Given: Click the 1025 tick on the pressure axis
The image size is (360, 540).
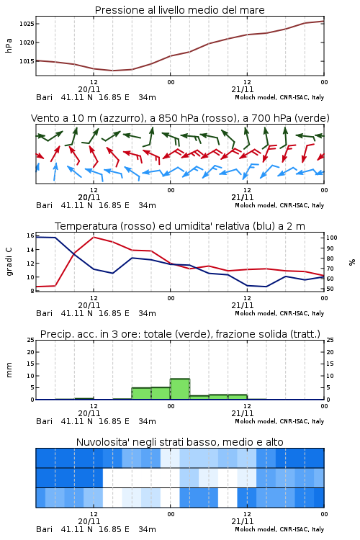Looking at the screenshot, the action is (x=27, y=24).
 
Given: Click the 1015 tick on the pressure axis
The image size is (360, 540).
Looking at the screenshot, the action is (x=27, y=61).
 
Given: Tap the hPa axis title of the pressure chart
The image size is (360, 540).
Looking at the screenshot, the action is (x=9, y=45).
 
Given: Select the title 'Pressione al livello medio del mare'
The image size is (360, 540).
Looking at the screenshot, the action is (x=179, y=10).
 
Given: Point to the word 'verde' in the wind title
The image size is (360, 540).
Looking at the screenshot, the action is (x=310, y=118).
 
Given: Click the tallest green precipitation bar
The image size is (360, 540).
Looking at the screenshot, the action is (x=180, y=389).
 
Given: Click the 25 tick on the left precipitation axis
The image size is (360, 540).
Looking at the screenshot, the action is (x=31, y=340).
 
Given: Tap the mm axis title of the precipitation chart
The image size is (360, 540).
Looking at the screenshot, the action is (x=9, y=370).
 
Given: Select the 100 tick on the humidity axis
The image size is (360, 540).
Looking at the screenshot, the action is (x=332, y=238).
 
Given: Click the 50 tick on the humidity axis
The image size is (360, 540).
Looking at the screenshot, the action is (x=330, y=289).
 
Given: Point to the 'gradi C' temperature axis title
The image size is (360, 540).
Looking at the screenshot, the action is (x=9, y=262).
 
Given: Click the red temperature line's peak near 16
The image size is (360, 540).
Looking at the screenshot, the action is (x=94, y=237).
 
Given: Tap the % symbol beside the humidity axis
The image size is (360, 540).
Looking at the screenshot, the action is (x=352, y=262).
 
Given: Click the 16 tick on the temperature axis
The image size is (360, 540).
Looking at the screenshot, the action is (x=30, y=235).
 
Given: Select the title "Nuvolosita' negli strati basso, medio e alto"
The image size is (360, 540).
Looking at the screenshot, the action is (x=179, y=442).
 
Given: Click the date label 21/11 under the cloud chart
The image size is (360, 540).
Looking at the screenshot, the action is (x=242, y=521).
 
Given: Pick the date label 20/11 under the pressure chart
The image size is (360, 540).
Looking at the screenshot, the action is (x=89, y=89).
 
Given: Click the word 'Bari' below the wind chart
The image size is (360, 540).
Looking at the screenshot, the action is (x=44, y=205).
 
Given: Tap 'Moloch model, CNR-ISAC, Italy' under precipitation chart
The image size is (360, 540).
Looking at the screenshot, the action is (x=279, y=421).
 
